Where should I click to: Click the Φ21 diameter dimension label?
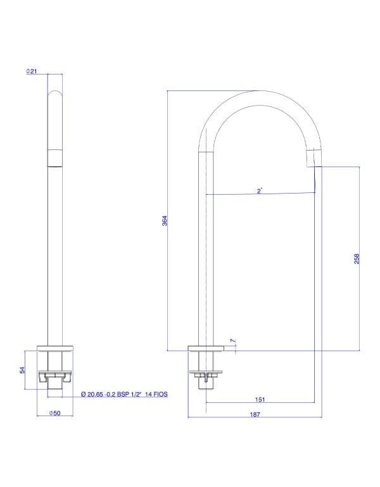pyautogui.click(x=32, y=71)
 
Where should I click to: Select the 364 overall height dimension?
pyautogui.click(x=165, y=221)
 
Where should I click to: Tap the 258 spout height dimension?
pyautogui.click(x=357, y=259)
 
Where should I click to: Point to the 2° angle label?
pyautogui.click(x=260, y=191)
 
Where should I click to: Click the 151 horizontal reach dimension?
pyautogui.click(x=260, y=400)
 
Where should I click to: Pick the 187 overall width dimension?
pyautogui.click(x=255, y=414)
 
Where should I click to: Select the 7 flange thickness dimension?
pyautogui.click(x=233, y=341)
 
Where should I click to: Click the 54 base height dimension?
pyautogui.click(x=22, y=370)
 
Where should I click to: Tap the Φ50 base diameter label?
pyautogui.click(x=54, y=413)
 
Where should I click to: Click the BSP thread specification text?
pyautogui.click(x=124, y=394)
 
